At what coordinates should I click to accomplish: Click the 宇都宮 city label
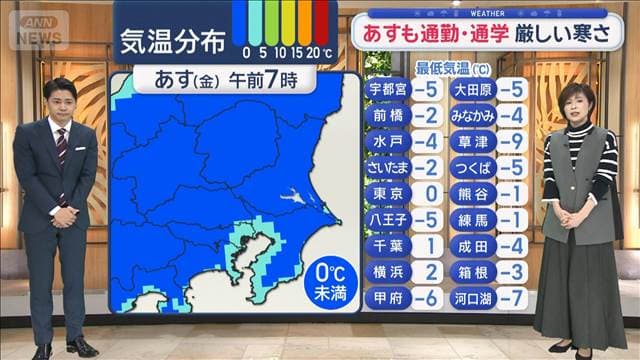point(387,89)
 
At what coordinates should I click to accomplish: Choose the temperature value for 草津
point(513,141)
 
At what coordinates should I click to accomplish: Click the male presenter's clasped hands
point(62,214)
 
